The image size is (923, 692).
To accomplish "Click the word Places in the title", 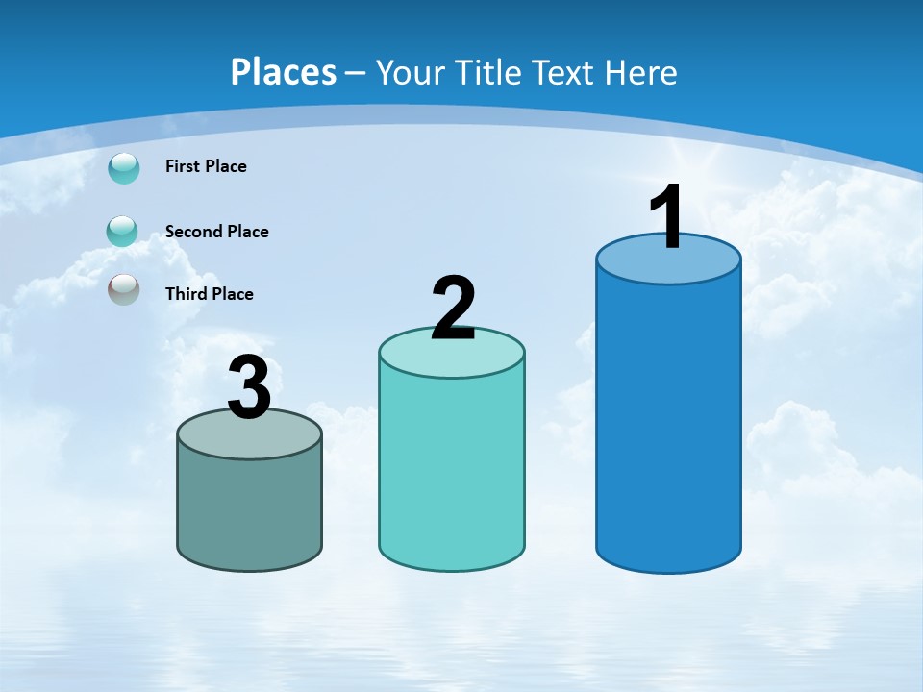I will pyautogui.click(x=284, y=72).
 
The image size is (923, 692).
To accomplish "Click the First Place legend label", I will pyautogui.click(x=206, y=166).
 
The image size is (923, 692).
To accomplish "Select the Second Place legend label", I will pyautogui.click(x=216, y=232).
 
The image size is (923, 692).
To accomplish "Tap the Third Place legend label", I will pyautogui.click(x=209, y=294).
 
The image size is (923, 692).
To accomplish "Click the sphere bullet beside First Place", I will pyautogui.click(x=124, y=168).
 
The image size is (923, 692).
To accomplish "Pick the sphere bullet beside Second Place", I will pyautogui.click(x=122, y=232).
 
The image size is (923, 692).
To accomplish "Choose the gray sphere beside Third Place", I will pyautogui.click(x=124, y=289).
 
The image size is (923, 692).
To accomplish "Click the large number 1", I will pyautogui.click(x=667, y=218).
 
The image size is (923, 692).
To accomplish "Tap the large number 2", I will pyautogui.click(x=453, y=309).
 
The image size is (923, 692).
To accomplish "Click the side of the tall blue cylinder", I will pyautogui.click(x=668, y=423).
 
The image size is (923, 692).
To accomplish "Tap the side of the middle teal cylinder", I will pyautogui.click(x=452, y=471).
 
